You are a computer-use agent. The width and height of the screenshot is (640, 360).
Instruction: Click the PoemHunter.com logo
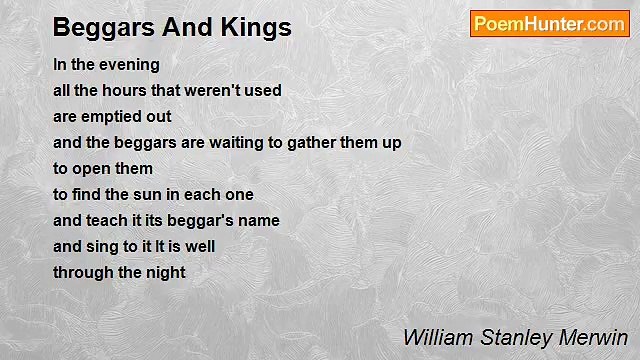pyautogui.click(x=549, y=24)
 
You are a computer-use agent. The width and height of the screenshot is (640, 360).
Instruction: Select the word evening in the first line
pyautogui.click(x=129, y=64)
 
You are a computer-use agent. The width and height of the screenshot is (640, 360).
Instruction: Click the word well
pyautogui.click(x=200, y=246)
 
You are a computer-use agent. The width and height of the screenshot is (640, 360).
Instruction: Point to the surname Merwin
pyautogui.click(x=595, y=336)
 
